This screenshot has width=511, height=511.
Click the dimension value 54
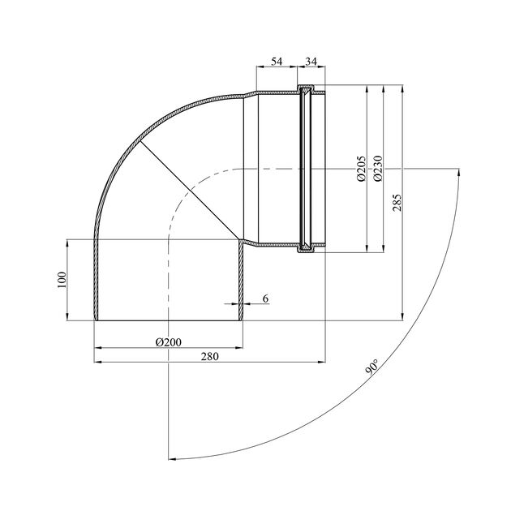click(277, 62)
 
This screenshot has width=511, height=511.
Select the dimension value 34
click(311, 62)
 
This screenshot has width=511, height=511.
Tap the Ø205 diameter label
click(362, 169)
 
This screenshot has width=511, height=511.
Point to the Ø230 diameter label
click(378, 169)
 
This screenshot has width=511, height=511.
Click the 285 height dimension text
click(397, 203)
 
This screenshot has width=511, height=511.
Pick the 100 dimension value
click(62, 280)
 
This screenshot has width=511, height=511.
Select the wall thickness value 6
click(265, 298)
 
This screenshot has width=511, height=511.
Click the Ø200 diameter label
click(169, 342)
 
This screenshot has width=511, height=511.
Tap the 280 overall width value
click(209, 356)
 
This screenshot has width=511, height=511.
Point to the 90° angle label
click(372, 367)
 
